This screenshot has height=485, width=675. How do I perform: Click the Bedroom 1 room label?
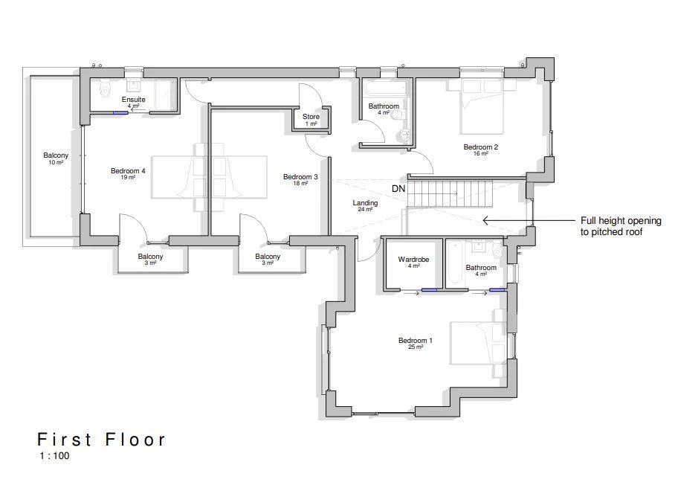(415, 341)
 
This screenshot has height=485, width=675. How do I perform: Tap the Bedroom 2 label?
(480, 147)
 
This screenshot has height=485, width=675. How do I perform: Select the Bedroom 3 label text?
(300, 177)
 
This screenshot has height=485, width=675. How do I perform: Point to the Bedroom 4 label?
(128, 171)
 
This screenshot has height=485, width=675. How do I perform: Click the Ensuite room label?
(134, 100)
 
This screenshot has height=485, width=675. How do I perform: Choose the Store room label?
(311, 117)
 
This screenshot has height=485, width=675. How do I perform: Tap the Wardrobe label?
(413, 260)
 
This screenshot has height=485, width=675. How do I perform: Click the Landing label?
(365, 203)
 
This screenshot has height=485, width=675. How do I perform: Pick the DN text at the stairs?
(398, 189)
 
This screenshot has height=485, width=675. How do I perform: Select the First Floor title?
(102, 440)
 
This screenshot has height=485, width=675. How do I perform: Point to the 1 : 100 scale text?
(54, 456)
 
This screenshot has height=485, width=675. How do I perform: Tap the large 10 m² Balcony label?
(56, 156)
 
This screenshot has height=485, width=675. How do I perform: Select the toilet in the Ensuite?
(105, 81)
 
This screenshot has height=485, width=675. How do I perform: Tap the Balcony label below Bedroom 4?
(150, 257)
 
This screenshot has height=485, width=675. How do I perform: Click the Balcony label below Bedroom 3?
(268, 257)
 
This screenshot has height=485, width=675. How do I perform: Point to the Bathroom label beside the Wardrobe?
(481, 268)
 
